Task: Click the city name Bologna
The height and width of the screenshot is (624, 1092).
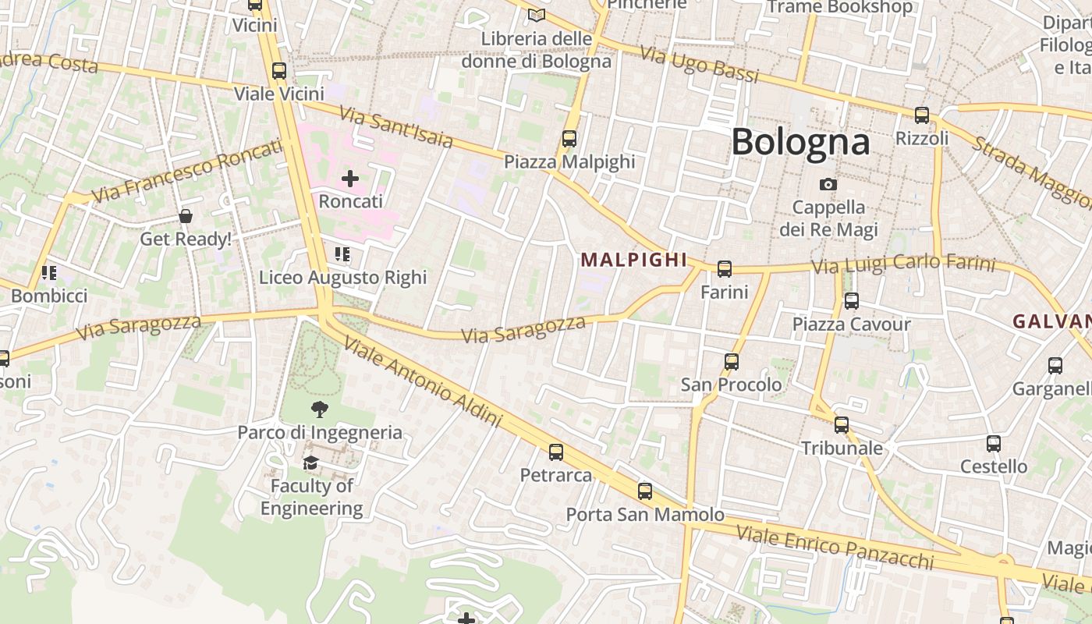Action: (x=800, y=142)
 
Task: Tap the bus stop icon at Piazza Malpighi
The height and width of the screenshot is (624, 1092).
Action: (x=569, y=139)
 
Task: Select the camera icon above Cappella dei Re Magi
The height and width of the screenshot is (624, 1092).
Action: (x=828, y=185)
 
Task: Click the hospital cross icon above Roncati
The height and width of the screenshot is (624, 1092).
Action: (x=350, y=179)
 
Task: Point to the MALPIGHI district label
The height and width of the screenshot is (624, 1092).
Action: (x=634, y=260)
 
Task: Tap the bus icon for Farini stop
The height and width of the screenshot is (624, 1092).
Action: (x=725, y=269)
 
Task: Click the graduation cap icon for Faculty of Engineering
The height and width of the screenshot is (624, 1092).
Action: (x=311, y=463)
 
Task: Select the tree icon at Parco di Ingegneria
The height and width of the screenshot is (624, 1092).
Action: (x=319, y=409)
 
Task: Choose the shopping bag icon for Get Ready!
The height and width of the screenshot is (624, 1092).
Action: (x=186, y=216)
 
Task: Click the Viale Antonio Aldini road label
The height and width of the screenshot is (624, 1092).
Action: (x=421, y=382)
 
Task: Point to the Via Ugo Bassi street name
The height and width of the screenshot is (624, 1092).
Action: (x=699, y=64)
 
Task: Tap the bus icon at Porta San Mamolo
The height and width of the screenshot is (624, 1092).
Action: (x=645, y=491)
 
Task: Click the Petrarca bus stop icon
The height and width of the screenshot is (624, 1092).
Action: (x=556, y=452)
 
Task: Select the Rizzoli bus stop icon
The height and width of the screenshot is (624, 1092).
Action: (x=922, y=115)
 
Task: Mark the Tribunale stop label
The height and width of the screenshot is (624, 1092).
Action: (x=842, y=448)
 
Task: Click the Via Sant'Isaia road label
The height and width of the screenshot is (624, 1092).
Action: (x=396, y=127)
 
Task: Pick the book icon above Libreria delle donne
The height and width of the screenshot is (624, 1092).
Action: (x=536, y=15)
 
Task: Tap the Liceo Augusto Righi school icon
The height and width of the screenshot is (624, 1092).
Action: (x=342, y=254)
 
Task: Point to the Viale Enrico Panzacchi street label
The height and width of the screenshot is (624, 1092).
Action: (x=835, y=548)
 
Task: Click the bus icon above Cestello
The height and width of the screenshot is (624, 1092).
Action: (x=994, y=443)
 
